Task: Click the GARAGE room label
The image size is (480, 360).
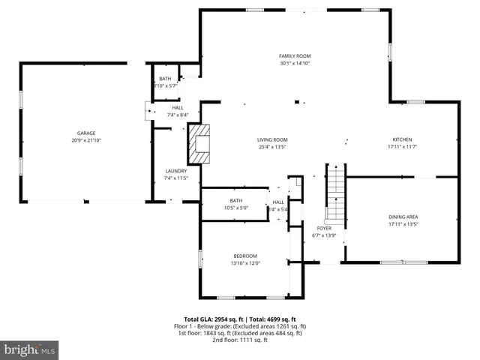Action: tap(85, 133)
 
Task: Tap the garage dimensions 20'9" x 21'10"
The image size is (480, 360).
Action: tap(85, 140)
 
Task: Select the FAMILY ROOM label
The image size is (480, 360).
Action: tap(295, 56)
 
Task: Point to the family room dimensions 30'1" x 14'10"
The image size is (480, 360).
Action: tap(295, 64)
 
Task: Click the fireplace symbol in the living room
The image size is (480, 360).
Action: tap(200, 143)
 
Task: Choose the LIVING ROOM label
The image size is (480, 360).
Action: tap(273, 139)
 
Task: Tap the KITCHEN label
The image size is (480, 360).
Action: tap(402, 139)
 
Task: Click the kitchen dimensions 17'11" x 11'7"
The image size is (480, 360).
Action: tap(402, 147)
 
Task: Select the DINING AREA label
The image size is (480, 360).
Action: tap(403, 216)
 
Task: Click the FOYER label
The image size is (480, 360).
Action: tap(324, 228)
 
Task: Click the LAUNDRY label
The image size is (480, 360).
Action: tap(175, 172)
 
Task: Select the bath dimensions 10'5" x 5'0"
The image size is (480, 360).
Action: tap(236, 208)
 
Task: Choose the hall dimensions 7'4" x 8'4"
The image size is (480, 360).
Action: tap(178, 115)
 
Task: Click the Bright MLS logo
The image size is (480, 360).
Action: tap(30, 349)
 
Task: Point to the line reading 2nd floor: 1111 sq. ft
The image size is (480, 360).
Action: tap(240, 340)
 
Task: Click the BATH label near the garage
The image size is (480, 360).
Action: tap(164, 79)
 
